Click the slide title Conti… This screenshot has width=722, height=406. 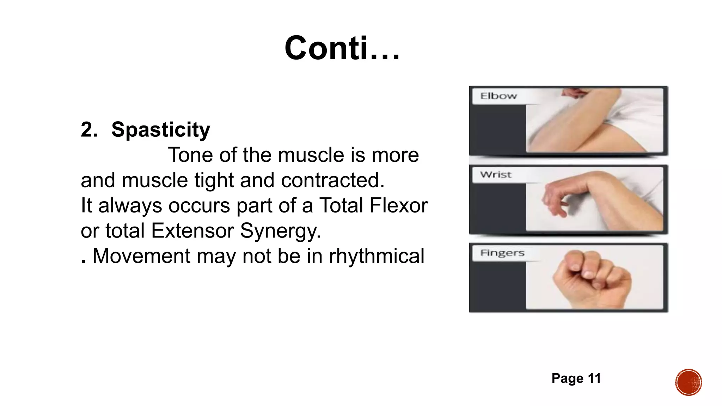pos(342,49)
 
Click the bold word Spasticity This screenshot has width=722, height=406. pos(161,130)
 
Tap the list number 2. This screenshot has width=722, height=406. pos(89,130)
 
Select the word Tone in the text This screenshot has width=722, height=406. pos(190,155)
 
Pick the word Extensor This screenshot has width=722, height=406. pos(192,231)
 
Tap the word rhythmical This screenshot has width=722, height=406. pos(376,256)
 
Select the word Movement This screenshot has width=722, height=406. pos(141,256)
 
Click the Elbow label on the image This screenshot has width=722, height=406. pos(498,96)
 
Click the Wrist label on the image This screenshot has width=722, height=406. pos(495,175)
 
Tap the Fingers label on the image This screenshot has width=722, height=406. pos(502,253)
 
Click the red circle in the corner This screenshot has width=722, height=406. pos(688,382)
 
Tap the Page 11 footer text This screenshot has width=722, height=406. pos(576,379)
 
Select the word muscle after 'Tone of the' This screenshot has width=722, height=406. pos(311,155)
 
